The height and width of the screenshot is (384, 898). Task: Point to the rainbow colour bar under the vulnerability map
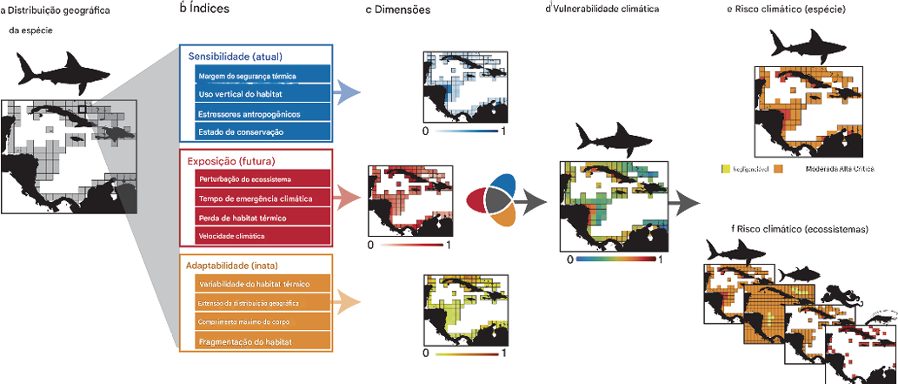pyautogui.click(x=615, y=259)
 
